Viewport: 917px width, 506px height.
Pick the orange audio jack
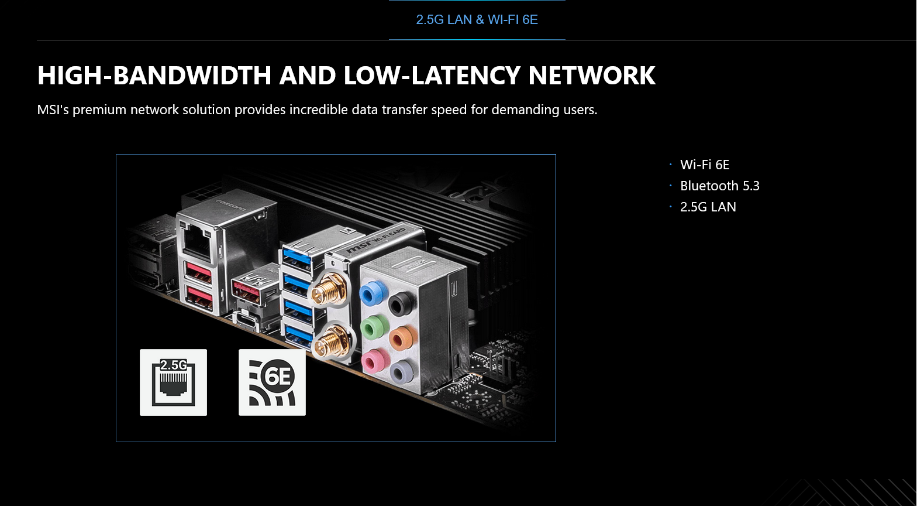pyautogui.click(x=399, y=337)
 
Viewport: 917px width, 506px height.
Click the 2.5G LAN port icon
pyautogui.click(x=173, y=382)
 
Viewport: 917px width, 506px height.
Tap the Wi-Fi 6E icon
pyautogui.click(x=272, y=382)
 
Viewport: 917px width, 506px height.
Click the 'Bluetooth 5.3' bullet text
pyautogui.click(x=719, y=186)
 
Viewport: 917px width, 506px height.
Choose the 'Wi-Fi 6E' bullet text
pyautogui.click(x=705, y=165)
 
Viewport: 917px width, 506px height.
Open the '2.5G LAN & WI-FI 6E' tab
pyautogui.click(x=477, y=20)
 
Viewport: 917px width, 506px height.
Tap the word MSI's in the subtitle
pyautogui.click(x=53, y=110)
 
